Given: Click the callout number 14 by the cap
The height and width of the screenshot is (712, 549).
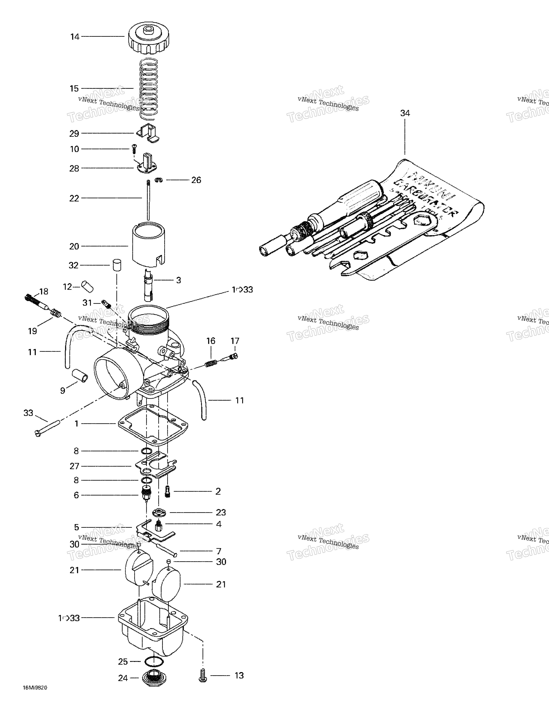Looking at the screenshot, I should point(75,37).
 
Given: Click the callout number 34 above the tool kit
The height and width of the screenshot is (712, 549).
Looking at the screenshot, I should point(405,113).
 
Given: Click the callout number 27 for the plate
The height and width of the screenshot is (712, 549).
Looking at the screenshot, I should point(74,466).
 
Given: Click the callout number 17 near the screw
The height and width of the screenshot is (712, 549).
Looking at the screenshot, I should point(235,341).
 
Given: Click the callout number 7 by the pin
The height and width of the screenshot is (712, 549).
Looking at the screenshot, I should point(219,551).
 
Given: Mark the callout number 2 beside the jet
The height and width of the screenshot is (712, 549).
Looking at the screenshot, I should point(218,491).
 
